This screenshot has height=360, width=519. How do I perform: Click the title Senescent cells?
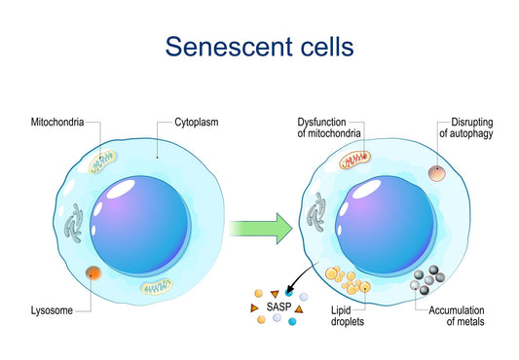pos(259,46)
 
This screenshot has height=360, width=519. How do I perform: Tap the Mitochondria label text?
pos(56,123)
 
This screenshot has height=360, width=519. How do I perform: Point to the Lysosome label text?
pos(50,311)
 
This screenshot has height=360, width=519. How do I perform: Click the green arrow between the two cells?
pos(260,230)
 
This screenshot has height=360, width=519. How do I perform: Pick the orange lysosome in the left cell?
pos(93,273)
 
